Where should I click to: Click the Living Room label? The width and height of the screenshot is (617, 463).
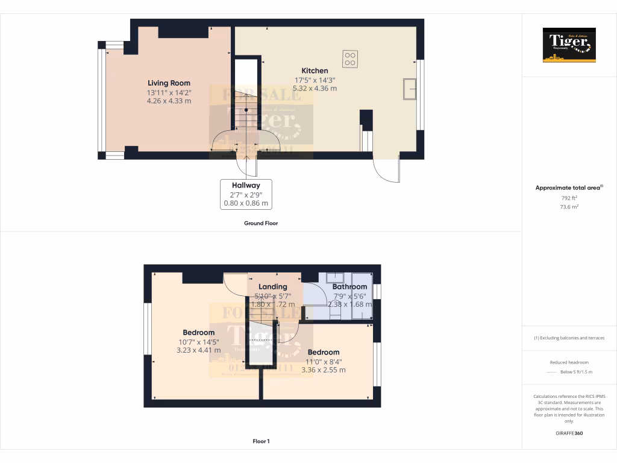169,83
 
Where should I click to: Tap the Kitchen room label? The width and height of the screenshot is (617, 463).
315,71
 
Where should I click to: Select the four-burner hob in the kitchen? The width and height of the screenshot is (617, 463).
350,58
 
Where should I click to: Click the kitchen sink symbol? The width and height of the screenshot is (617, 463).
410,88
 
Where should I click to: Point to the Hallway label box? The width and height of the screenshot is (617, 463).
245,194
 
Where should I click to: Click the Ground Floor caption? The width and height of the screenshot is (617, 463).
260,223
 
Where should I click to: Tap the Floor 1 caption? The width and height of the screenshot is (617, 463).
261,441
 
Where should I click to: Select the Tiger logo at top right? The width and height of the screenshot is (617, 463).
569,45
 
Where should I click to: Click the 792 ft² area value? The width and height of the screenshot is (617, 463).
569,198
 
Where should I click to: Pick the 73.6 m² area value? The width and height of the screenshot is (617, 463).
569,206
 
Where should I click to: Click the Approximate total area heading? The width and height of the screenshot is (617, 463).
569,188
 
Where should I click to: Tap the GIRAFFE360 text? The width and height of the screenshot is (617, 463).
569,433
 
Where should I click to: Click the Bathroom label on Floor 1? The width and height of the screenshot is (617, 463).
349,286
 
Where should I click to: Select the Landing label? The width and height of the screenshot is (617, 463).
272,286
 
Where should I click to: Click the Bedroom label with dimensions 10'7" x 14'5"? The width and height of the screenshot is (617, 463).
198,332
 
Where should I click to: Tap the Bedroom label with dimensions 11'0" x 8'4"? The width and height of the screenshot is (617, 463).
323,352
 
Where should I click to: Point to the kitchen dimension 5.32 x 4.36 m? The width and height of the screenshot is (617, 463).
315,88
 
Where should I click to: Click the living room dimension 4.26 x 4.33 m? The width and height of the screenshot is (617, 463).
169,101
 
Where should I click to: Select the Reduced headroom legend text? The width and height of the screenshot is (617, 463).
569,362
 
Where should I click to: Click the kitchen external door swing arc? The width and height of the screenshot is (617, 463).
386,172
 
